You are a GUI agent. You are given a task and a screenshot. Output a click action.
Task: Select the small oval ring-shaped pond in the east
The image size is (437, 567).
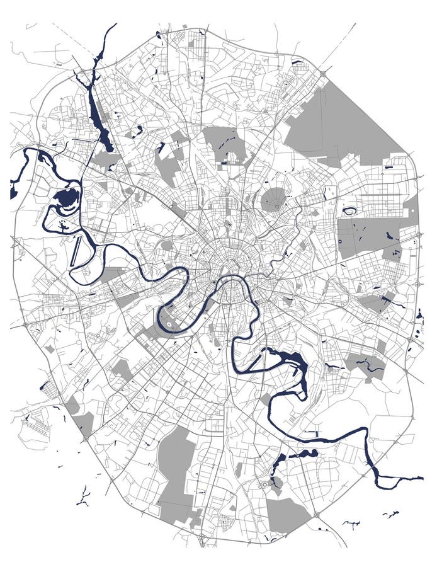[x=350, y=211]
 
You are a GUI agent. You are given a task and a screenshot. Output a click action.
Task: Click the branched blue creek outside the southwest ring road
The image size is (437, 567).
[x=82, y=495]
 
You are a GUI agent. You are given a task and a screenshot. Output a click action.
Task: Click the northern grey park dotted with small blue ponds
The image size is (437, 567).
[x=224, y=145]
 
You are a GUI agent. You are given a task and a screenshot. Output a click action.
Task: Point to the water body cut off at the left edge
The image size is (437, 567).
[x=13, y=192]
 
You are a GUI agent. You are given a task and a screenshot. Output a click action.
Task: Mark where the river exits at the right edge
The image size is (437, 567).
[x=421, y=478]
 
